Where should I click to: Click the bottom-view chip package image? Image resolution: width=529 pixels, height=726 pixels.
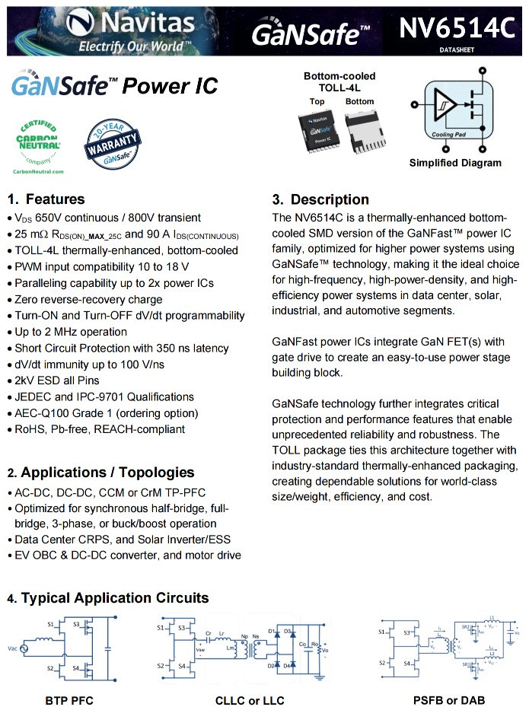tap(360, 130)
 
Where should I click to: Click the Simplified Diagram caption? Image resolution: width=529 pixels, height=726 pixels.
tap(455, 163)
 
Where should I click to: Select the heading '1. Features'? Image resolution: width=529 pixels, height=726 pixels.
tap(46, 199)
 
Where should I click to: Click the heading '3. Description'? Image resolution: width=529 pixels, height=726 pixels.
tap(320, 199)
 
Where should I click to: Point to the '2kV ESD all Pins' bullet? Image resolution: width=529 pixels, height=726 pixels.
tap(57, 381)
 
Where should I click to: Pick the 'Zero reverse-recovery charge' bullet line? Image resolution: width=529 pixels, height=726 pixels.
tap(87, 299)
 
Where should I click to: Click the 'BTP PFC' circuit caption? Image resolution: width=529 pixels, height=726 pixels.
tap(69, 700)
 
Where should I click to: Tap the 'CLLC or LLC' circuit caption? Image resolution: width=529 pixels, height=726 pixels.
tap(250, 700)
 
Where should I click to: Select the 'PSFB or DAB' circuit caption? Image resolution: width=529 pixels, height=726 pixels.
tap(449, 700)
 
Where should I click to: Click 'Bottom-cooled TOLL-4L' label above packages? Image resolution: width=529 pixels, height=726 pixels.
tap(339, 82)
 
